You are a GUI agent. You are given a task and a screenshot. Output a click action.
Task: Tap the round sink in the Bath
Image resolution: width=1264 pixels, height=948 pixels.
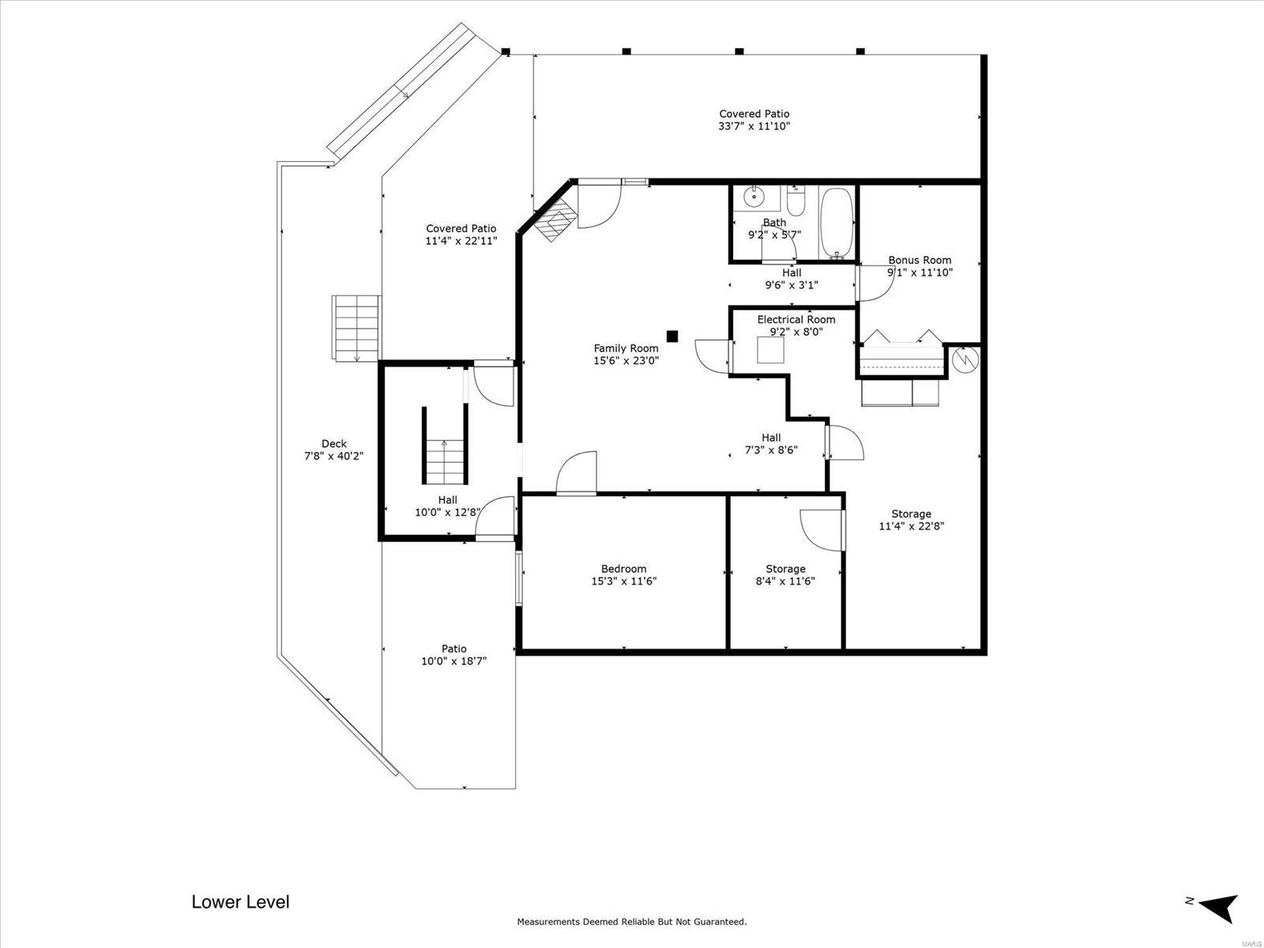coord(754,197)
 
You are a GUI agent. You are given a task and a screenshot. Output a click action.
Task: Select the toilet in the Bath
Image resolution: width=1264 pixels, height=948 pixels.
coord(796,201)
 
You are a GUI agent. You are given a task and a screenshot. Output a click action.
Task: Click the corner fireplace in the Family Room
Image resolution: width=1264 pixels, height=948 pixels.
coord(555,220)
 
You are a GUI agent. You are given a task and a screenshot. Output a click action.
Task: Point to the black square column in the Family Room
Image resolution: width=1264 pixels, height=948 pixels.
coord(672,337)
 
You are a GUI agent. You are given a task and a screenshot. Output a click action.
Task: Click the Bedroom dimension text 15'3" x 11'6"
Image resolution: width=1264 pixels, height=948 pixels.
coord(623,581)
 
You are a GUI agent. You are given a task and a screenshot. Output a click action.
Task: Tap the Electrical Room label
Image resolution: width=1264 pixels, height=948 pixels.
coord(796,319)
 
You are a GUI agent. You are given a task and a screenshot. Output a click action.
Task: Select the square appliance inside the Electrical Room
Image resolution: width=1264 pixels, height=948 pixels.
coord(770,350)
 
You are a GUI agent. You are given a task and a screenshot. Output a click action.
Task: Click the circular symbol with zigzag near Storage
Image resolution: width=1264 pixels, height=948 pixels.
coord(965,360)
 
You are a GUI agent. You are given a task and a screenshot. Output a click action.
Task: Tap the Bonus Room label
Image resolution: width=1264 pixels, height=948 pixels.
coord(920,260)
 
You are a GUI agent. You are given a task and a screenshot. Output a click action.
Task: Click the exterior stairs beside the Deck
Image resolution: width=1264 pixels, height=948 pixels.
coord(356,328)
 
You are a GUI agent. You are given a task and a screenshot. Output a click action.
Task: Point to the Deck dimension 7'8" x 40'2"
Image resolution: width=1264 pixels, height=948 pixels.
coord(334,456)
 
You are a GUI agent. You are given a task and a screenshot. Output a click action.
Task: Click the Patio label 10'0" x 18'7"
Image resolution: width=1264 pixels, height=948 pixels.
coord(453,655)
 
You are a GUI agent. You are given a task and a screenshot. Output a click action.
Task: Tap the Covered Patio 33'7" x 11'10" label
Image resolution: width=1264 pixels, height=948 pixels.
coord(754,120)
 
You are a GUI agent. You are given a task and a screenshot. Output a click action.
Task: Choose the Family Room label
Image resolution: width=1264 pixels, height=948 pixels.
coord(626,348)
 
